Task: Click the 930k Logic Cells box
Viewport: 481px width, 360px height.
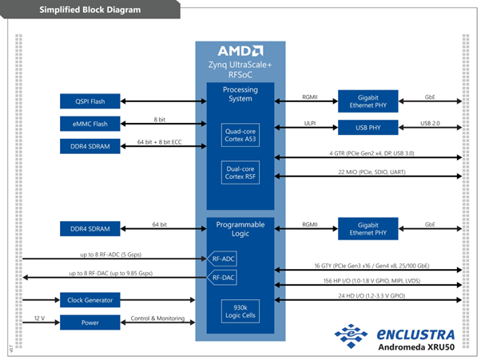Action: click(240, 311)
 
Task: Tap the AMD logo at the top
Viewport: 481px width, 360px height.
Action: click(240, 49)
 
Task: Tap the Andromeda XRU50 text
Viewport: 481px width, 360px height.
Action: click(418, 346)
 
